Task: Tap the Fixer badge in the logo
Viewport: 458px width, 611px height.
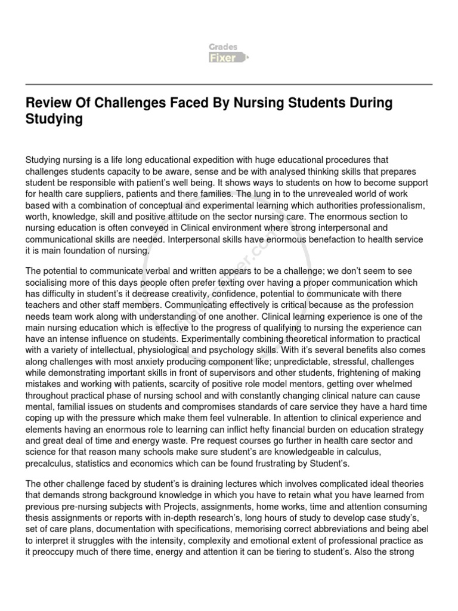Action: (x=223, y=58)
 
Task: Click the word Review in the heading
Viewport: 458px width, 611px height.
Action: (x=47, y=103)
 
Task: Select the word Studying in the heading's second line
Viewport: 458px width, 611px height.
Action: (x=54, y=119)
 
